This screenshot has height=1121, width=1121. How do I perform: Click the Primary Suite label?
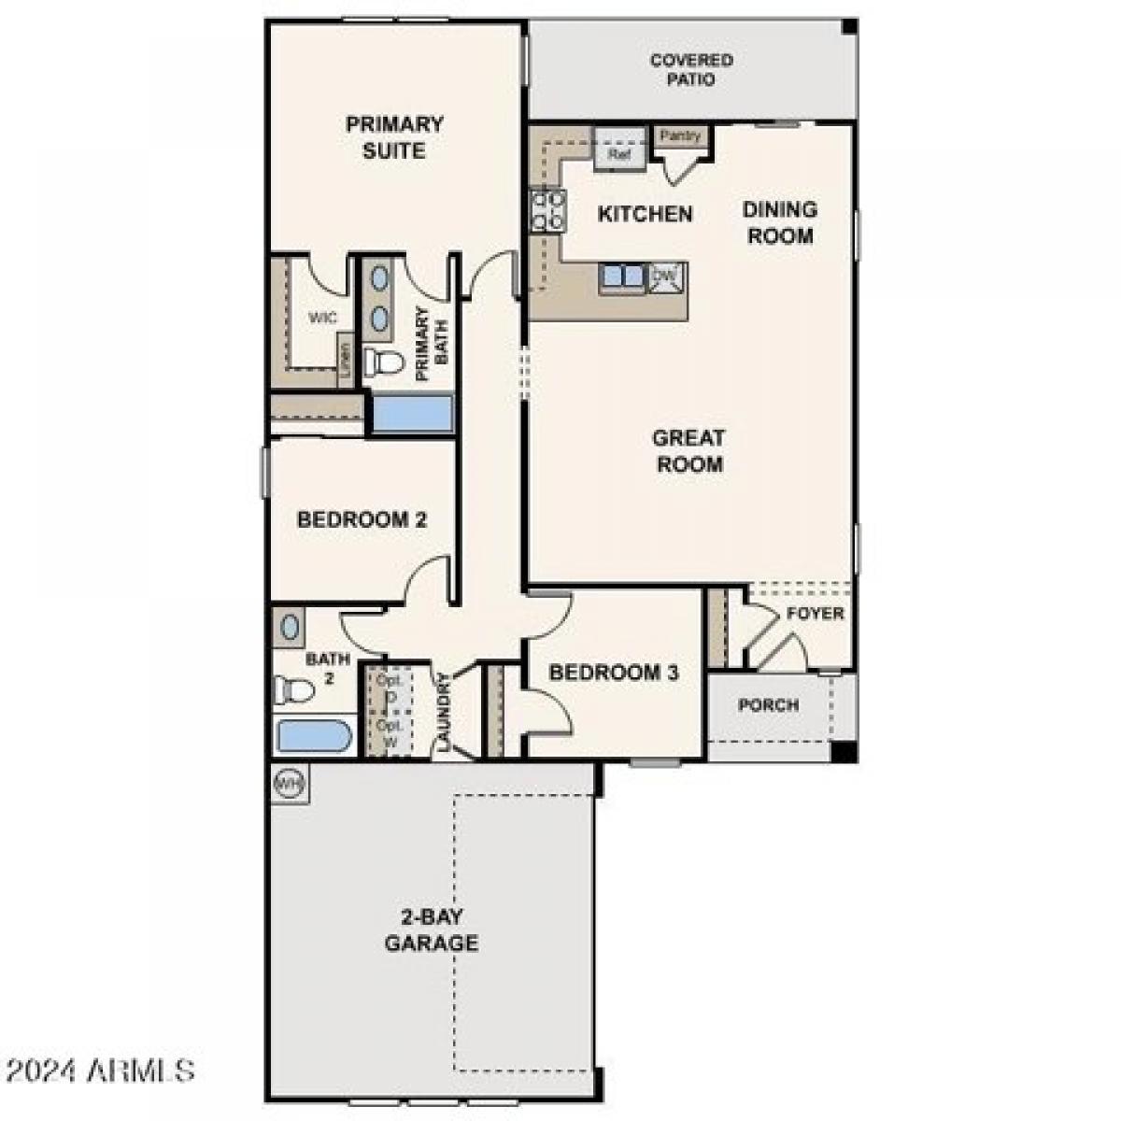[x=394, y=137]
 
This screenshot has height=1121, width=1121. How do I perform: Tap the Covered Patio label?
[x=691, y=70]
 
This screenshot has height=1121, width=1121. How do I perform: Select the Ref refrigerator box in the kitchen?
[x=619, y=154]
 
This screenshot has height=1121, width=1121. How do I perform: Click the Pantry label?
[x=680, y=136]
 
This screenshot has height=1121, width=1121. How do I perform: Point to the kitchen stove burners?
[x=547, y=210]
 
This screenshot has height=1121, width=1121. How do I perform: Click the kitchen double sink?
[x=623, y=277]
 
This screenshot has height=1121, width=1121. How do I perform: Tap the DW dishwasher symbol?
[x=665, y=276]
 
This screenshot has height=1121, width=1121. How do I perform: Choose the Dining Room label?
[x=779, y=222]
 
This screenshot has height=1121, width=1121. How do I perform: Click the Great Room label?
[x=689, y=450]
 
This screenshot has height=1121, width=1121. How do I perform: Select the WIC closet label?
[x=323, y=319]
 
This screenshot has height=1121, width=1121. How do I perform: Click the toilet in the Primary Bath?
[x=382, y=362]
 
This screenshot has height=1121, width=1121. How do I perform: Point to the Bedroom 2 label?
[x=362, y=519]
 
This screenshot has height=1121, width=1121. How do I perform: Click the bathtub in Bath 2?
[x=315, y=735]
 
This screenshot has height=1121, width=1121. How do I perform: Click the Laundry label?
[x=443, y=713]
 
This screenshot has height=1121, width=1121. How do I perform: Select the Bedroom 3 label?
[x=614, y=673]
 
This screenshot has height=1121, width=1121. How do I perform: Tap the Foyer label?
[x=815, y=614]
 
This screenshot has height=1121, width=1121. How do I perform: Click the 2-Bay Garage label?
[x=432, y=929]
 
